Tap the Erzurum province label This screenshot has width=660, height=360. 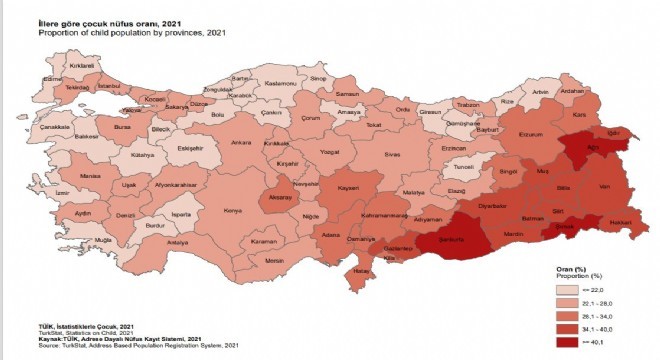[x=530, y=134]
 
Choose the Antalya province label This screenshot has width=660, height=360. [x=178, y=243]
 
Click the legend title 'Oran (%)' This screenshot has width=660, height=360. [x=569, y=269]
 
